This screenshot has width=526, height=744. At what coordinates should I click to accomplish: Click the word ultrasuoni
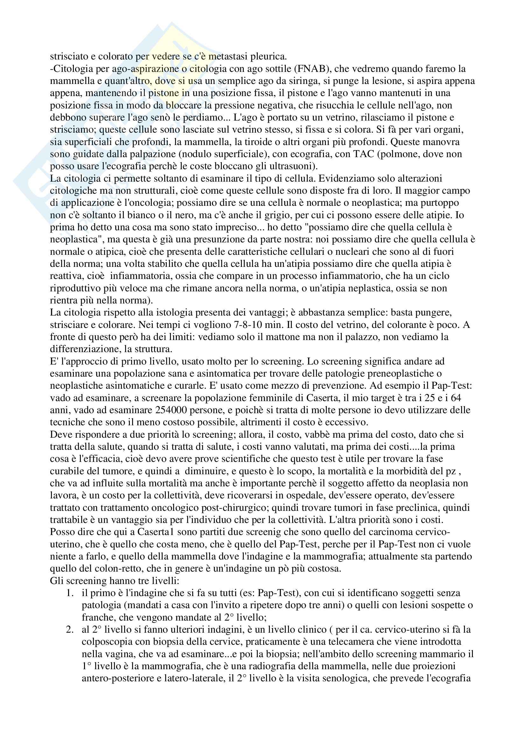[x=288, y=166]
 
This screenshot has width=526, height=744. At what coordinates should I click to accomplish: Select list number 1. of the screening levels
[x=70, y=593]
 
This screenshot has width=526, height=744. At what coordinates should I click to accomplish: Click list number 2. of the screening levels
[x=70, y=629]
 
